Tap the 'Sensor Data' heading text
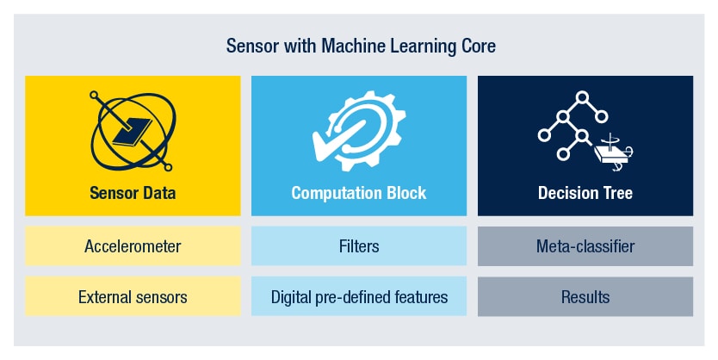pyautogui.click(x=133, y=193)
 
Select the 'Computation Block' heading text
pyautogui.click(x=359, y=193)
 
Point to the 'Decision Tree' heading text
pyautogui.click(x=585, y=193)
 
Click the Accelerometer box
pyautogui.click(x=133, y=246)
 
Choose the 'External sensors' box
pyautogui.click(x=133, y=297)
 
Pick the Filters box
pyautogui.click(x=359, y=246)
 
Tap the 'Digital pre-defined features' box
pyautogui.click(x=359, y=297)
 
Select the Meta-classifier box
pyautogui.click(x=585, y=246)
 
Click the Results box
pyautogui.click(x=585, y=297)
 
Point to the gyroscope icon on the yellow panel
pyautogui.click(x=132, y=129)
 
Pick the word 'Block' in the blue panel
pyautogui.click(x=406, y=193)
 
